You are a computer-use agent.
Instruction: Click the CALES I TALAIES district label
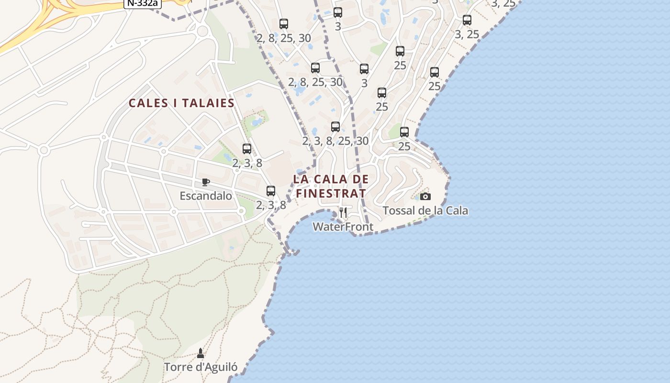(x=181, y=103)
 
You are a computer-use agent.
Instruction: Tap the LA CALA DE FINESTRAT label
(x=331, y=186)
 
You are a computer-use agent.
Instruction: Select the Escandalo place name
(x=206, y=196)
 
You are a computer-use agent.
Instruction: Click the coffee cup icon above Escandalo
(x=206, y=182)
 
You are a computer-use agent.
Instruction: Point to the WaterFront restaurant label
(x=343, y=227)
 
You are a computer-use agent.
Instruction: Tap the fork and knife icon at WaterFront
(x=343, y=212)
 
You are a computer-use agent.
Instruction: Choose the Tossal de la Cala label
(x=425, y=211)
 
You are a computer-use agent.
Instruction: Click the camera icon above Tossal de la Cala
(x=425, y=196)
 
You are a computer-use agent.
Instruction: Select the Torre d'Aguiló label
(x=201, y=367)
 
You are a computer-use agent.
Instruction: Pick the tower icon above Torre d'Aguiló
(x=201, y=353)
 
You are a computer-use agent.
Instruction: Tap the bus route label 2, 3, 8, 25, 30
(x=335, y=141)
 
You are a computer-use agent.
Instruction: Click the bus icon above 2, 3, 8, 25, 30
(x=335, y=127)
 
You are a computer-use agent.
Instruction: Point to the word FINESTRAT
(x=331, y=194)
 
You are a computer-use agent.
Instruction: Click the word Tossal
(x=397, y=211)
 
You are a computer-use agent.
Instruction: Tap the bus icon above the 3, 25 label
(x=467, y=20)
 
